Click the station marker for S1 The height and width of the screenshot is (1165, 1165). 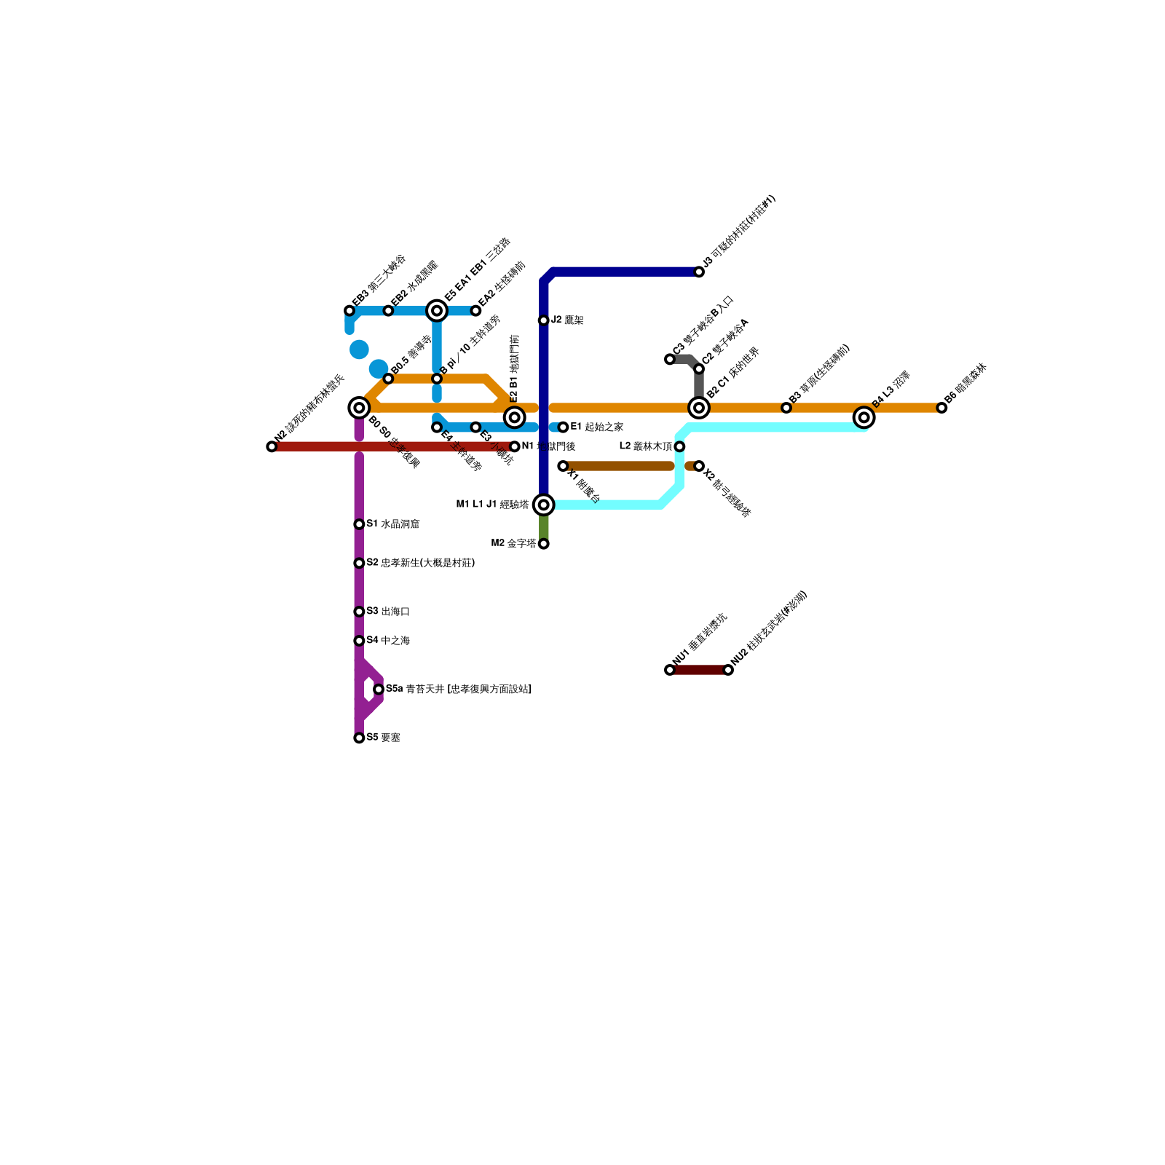tap(359, 524)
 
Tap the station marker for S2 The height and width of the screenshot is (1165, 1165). tap(359, 563)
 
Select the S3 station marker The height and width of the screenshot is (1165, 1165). tap(359, 612)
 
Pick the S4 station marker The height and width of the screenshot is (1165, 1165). tap(359, 641)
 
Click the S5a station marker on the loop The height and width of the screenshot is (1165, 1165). tap(379, 689)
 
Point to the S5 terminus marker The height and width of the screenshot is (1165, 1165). tap(359, 738)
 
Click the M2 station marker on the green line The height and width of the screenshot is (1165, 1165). tap(543, 543)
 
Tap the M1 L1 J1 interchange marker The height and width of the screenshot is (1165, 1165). tap(543, 505)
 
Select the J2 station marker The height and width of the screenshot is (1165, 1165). tap(543, 320)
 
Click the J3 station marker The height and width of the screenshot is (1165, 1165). tap(699, 272)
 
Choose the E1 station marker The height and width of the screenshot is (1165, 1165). tap(563, 427)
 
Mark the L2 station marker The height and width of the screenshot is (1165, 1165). tap(679, 446)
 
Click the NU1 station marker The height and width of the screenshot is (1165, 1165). tap(670, 670)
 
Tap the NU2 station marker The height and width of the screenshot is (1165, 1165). tap(728, 670)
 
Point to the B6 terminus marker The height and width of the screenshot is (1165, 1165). tap(941, 408)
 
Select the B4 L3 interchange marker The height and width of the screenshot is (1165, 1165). tap(864, 417)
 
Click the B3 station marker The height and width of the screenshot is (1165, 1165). tap(786, 408)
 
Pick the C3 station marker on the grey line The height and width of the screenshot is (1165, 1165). tap(670, 359)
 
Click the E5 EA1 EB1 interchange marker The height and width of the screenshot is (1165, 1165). tap(437, 311)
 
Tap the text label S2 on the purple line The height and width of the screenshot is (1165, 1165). tap(420, 563)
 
